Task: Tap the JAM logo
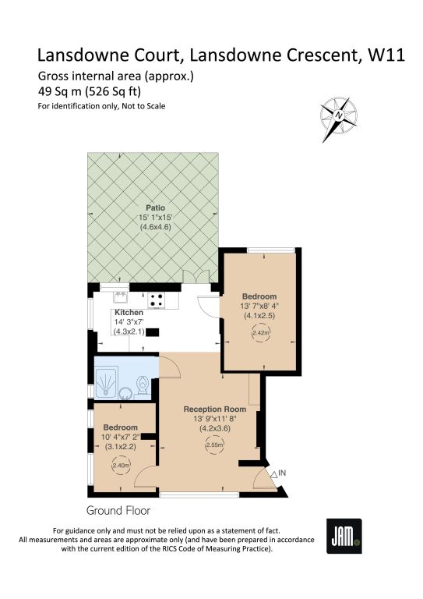(344, 536)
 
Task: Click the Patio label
(156, 207)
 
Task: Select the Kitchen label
(129, 313)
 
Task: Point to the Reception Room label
(215, 409)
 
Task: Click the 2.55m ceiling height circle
(215, 445)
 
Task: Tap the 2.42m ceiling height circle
(261, 333)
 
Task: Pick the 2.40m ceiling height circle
(122, 466)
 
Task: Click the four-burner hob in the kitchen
(157, 299)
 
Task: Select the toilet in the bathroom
(143, 385)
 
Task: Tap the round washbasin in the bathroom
(125, 393)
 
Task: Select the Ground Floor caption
(118, 511)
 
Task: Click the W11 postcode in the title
(386, 55)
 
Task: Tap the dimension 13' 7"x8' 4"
(259, 306)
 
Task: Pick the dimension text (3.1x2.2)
(120, 446)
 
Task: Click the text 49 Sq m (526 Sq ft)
(90, 92)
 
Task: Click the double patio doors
(196, 277)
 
